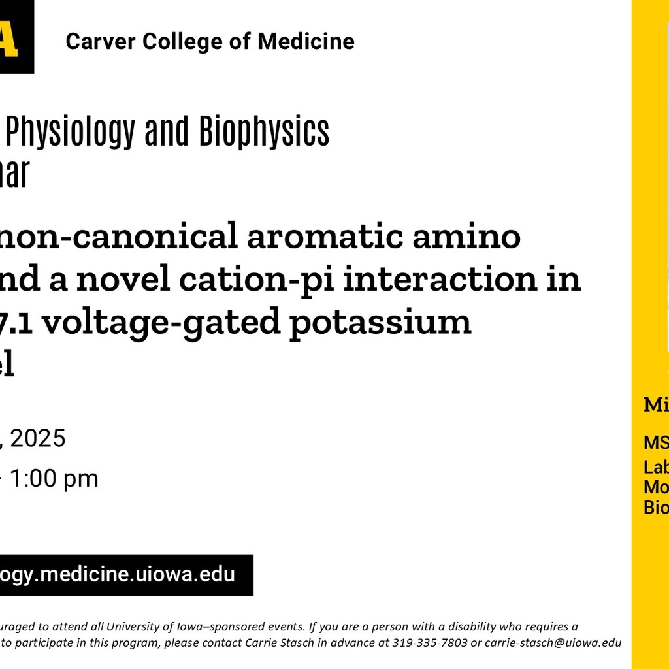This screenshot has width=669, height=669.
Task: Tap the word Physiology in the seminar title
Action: (68, 133)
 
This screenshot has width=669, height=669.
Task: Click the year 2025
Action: (37, 438)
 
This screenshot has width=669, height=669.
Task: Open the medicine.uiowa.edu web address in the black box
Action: (118, 575)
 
